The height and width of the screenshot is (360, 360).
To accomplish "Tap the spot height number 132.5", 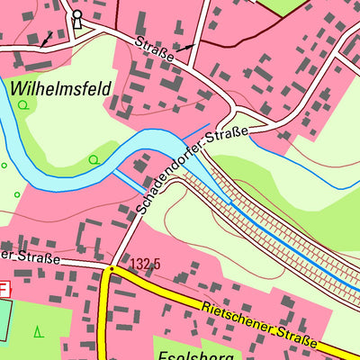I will pyautogui.click(x=145, y=265).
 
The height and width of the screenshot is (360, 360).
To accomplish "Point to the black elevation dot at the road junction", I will pyautogui.click(x=111, y=267).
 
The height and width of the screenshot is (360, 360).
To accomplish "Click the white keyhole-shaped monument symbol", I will pyautogui.click(x=76, y=18).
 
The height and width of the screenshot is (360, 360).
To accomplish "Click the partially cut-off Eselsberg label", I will pyautogui.click(x=194, y=354).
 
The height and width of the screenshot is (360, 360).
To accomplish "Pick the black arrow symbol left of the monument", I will pyautogui.click(x=45, y=39).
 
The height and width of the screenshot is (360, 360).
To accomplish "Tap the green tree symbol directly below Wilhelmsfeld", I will pyautogui.click(x=22, y=105).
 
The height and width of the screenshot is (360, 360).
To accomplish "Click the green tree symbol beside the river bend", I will pyautogui.click(x=94, y=160).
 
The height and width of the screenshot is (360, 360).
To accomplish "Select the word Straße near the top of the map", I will pyautogui.click(x=154, y=48).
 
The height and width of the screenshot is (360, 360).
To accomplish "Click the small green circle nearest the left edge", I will pyautogui.click(x=4, y=166).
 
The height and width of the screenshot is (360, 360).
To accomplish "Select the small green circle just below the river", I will pyautogui.click(x=16, y=194).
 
